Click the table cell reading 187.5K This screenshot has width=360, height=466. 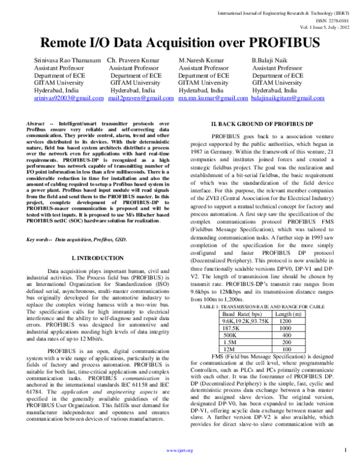click(235, 329)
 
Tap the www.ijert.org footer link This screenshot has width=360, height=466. click(179, 450)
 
